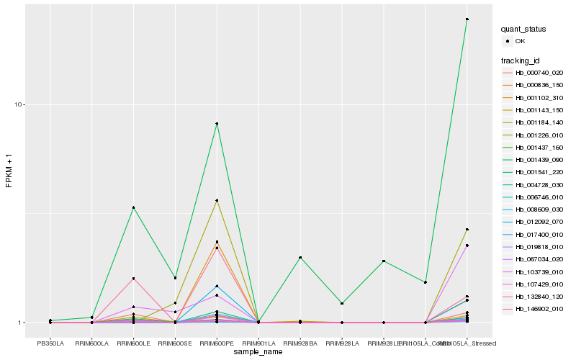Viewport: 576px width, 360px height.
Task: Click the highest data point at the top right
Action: (x=467, y=19)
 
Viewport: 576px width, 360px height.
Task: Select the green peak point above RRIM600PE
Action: (x=217, y=124)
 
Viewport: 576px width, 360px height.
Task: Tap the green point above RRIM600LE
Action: (x=133, y=208)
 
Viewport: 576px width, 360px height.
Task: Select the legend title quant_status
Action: (x=523, y=30)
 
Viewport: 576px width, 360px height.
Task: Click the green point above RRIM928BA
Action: (x=300, y=258)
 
